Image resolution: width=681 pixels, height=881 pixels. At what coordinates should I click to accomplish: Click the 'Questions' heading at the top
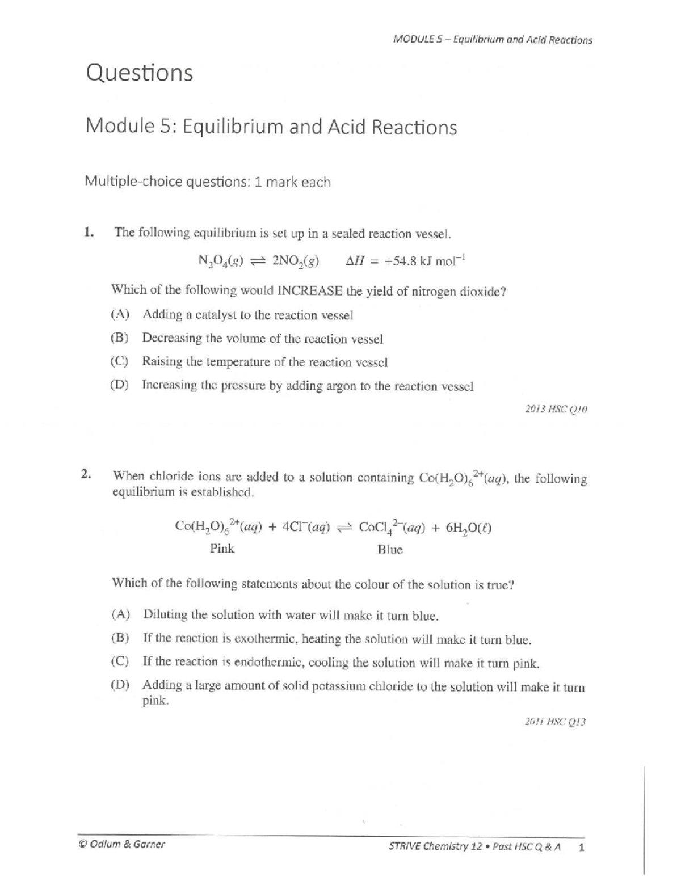point(139,73)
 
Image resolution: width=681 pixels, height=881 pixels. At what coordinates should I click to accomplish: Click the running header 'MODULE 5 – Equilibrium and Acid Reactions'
point(492,40)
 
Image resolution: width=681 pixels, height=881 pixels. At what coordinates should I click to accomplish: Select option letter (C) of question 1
point(119,362)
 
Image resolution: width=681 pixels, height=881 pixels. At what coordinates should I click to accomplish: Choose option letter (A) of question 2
point(120,614)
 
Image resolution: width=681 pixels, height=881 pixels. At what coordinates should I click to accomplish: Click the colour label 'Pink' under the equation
point(222,549)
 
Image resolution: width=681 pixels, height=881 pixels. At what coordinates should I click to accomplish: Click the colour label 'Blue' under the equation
point(390,549)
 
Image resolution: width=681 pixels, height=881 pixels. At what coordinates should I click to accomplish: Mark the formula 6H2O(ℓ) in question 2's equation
point(468,528)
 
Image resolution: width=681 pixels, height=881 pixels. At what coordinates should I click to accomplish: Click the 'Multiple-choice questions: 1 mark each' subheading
point(208,182)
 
